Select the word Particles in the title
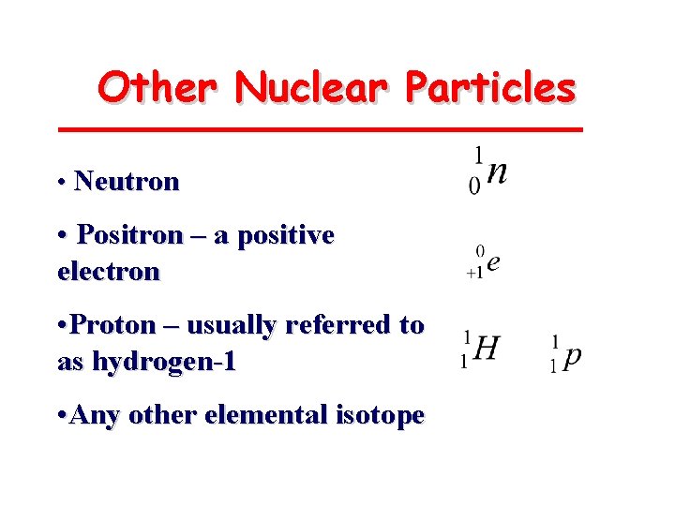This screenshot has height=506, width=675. pyautogui.click(x=489, y=88)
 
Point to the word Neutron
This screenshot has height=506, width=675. pyautogui.click(x=127, y=181)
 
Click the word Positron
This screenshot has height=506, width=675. pyautogui.click(x=129, y=234)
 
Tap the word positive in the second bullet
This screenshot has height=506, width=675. pyautogui.click(x=286, y=234)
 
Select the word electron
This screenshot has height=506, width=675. pyautogui.click(x=109, y=272)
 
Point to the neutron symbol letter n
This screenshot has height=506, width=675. pyautogui.click(x=499, y=173)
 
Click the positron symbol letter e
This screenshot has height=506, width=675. pyautogui.click(x=493, y=262)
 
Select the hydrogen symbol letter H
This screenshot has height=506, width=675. pyautogui.click(x=487, y=350)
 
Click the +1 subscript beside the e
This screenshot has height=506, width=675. pyautogui.click(x=474, y=273)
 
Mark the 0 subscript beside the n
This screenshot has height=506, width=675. pyautogui.click(x=474, y=186)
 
